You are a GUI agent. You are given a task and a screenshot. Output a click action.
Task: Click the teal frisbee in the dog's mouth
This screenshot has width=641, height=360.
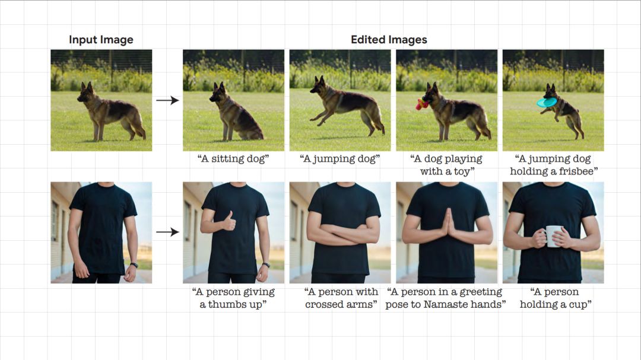pos(547,102)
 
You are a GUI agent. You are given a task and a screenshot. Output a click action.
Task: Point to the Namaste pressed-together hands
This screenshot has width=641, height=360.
pos(448,224)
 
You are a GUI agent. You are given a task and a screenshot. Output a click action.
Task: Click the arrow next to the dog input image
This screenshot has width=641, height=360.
pos(167,100)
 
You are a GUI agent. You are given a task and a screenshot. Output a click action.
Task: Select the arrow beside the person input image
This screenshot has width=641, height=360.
pos(167,232)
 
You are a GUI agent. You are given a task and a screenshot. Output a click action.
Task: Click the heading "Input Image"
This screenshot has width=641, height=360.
pos(101,40)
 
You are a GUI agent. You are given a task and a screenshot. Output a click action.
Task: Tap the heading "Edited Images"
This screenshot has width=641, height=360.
pos(389,40)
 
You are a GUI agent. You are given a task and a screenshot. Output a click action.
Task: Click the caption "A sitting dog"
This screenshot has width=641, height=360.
pos(233,158)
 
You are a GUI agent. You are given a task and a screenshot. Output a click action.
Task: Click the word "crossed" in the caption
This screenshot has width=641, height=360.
pos(322,304)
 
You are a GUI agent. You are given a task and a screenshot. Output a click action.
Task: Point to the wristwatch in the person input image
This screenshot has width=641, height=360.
pos(134,265)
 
